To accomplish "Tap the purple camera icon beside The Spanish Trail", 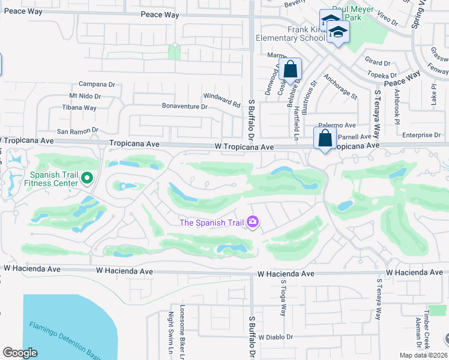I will click(x=253, y=223).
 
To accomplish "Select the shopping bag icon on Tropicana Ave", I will click(x=325, y=138).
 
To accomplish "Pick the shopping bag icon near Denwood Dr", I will click(x=291, y=70).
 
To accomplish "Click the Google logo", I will click(x=20, y=353).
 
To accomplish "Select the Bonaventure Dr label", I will click(x=184, y=106).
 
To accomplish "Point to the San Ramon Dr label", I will click(x=77, y=130).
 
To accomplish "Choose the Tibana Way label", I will click(x=79, y=108).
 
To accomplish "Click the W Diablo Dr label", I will click(x=276, y=337).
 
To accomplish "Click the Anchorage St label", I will click(x=340, y=87).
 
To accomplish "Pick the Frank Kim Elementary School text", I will click(x=291, y=33).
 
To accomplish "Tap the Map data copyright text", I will click(x=423, y=355).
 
